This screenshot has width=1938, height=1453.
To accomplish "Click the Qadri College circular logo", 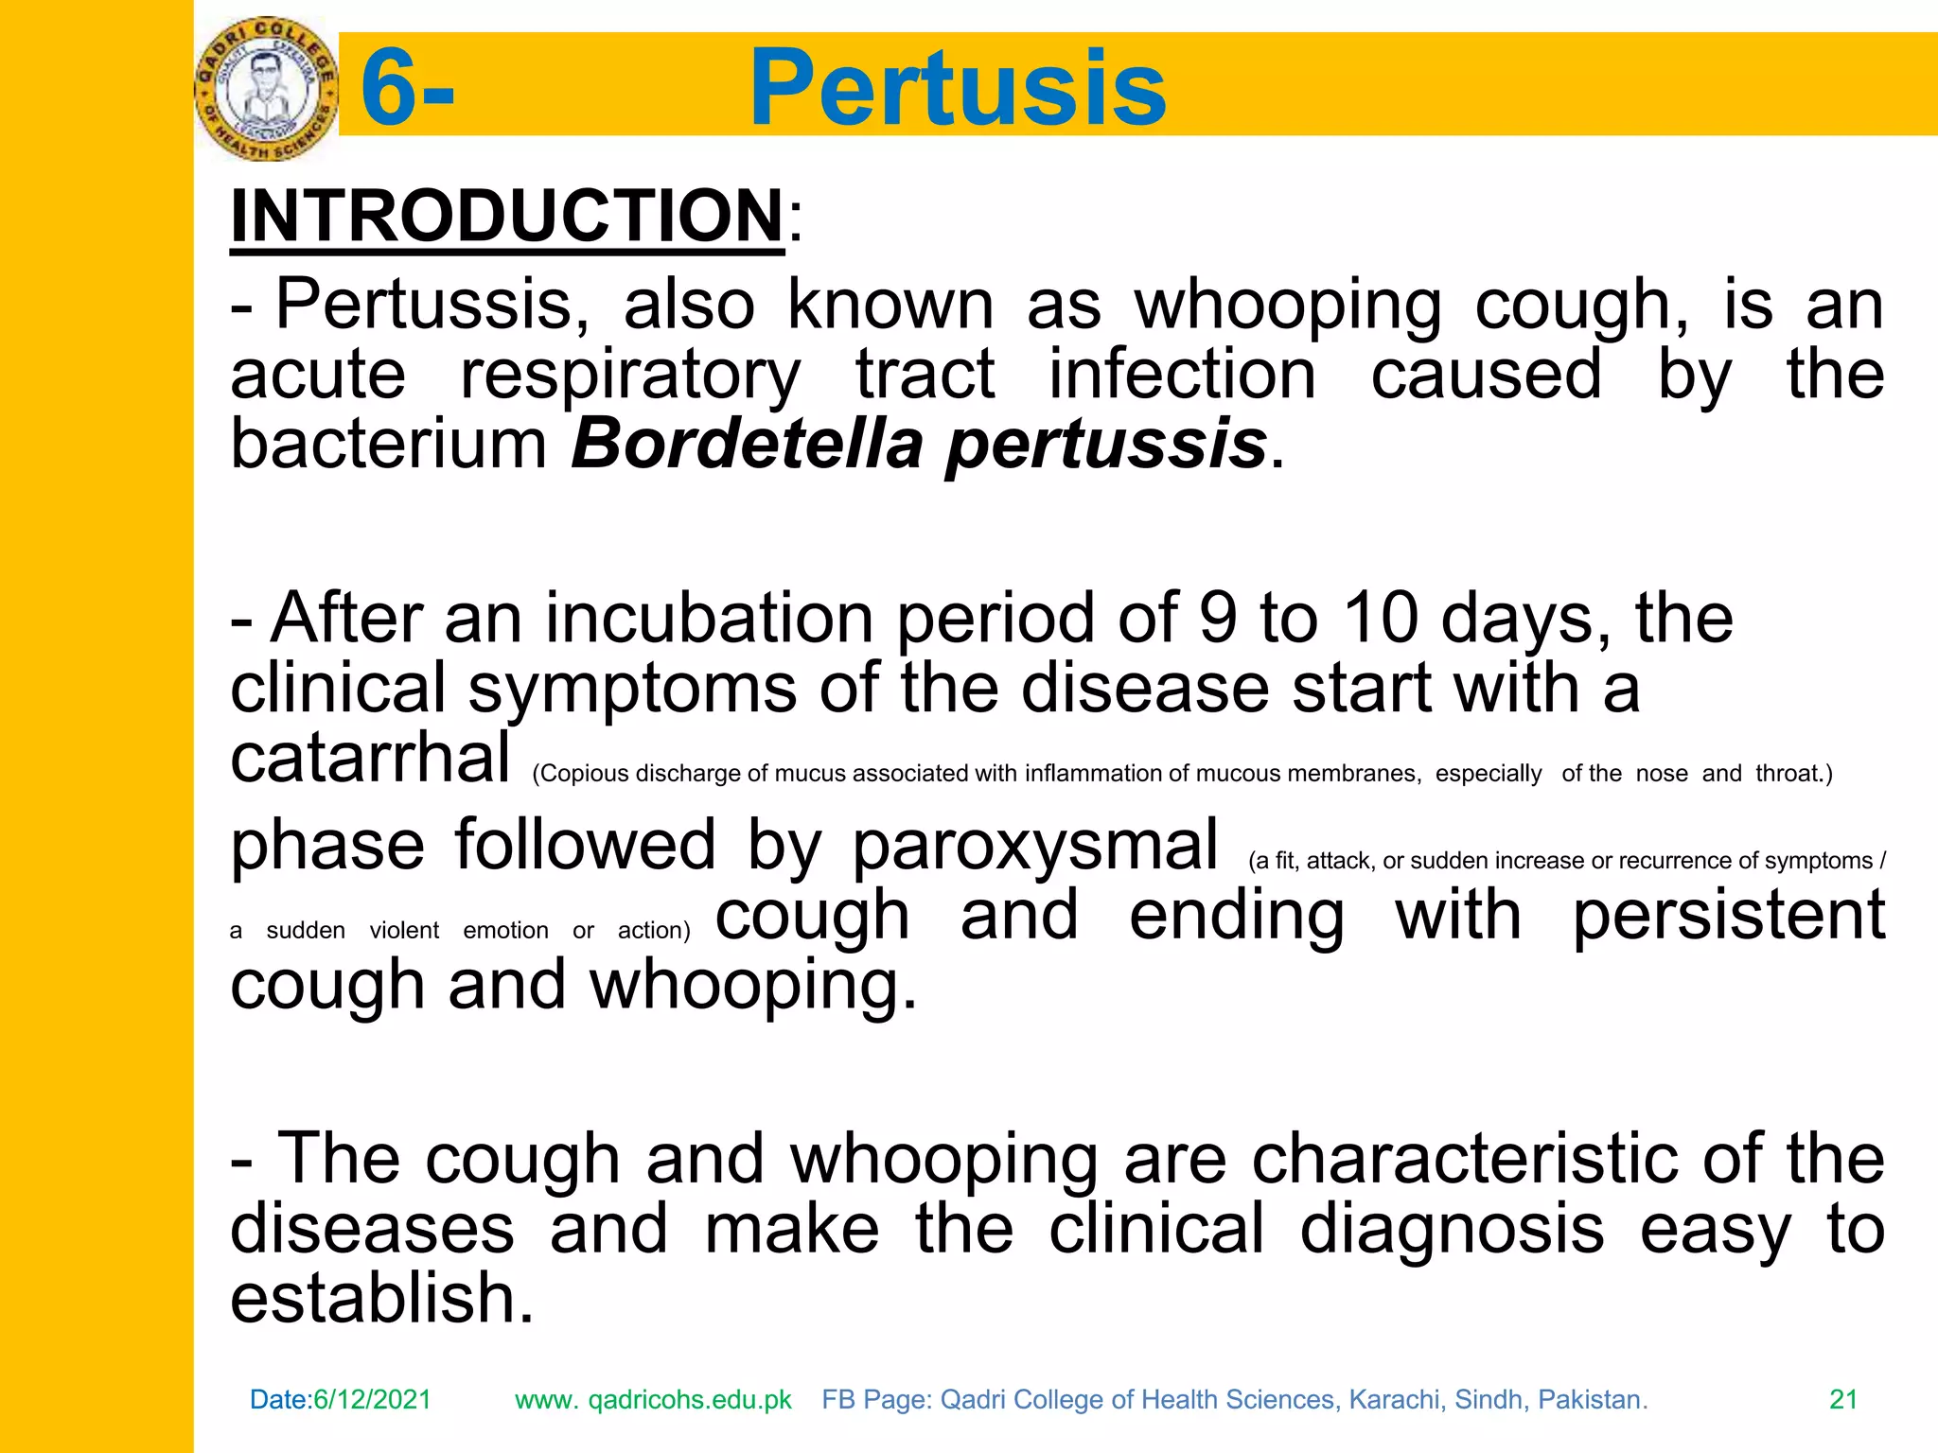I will click(x=266, y=88).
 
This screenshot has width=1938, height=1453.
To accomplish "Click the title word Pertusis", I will click(x=957, y=88).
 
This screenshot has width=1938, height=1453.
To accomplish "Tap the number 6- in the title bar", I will click(x=407, y=88).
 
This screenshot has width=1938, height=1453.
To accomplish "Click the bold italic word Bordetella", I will click(x=747, y=443).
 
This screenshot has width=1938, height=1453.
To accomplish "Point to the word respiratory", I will click(x=630, y=376).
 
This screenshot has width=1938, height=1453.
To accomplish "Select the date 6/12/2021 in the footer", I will click(x=372, y=1400).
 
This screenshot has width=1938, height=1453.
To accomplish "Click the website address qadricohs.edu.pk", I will click(x=690, y=1400).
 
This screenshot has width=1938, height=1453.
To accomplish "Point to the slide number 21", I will click(x=1843, y=1400).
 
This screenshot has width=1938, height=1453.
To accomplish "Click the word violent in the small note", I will click(x=404, y=931).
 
